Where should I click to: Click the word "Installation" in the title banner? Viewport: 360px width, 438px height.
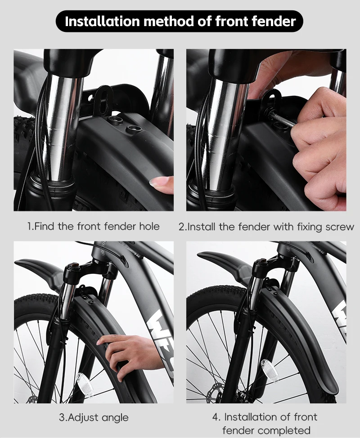click(102, 21)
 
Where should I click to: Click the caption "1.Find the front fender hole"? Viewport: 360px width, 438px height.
click(93, 226)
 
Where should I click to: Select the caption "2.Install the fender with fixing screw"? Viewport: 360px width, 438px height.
click(266, 227)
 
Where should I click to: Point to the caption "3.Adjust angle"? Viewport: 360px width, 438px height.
click(94, 417)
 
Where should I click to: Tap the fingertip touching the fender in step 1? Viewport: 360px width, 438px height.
click(162, 184)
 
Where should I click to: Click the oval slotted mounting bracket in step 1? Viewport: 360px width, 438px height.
click(102, 100)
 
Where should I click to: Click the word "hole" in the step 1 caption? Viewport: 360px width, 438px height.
click(149, 226)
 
